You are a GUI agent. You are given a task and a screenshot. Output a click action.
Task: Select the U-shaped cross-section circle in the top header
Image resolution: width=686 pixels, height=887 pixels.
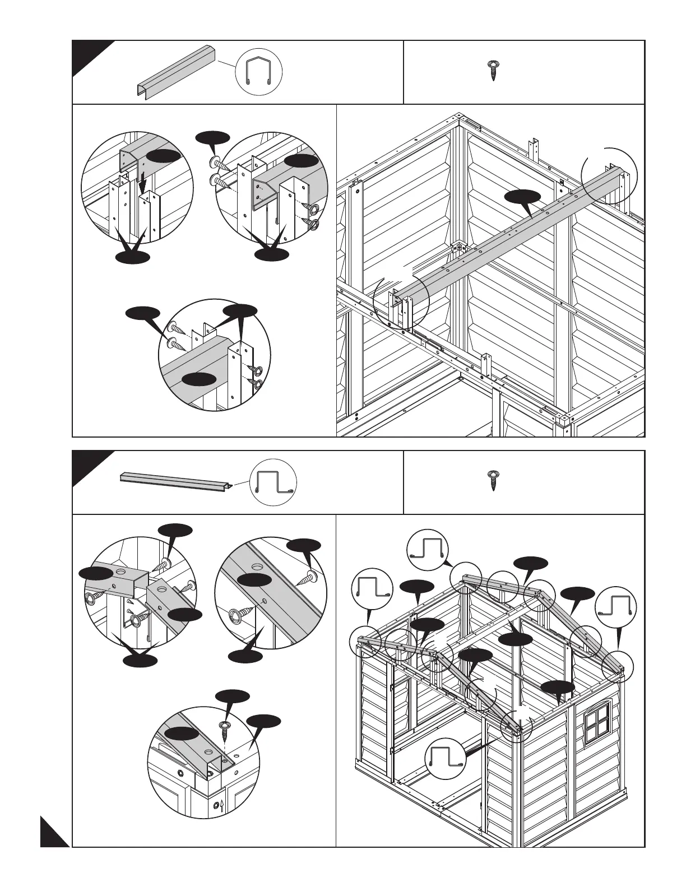click(259, 72)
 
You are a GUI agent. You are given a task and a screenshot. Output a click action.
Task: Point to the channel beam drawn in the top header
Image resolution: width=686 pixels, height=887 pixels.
click(177, 73)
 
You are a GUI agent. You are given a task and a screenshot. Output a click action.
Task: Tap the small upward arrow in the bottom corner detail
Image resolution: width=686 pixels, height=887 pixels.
click(221, 806)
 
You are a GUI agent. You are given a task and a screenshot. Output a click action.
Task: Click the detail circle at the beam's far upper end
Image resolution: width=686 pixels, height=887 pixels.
click(609, 175)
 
